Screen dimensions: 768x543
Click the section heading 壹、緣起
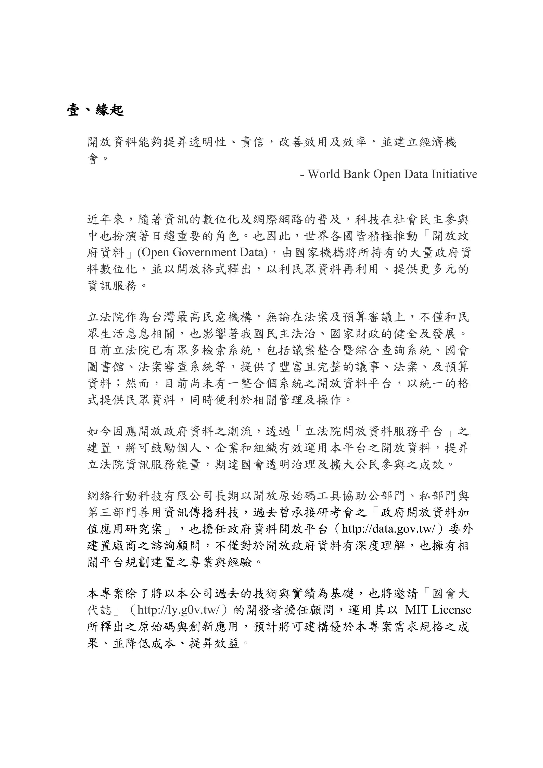point(95,110)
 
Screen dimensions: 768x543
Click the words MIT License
point(438,610)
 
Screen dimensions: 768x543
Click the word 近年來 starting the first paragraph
point(106,220)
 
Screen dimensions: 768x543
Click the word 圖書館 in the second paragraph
point(106,367)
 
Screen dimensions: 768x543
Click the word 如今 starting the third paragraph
point(100,432)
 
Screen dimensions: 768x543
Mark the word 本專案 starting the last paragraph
point(106,594)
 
